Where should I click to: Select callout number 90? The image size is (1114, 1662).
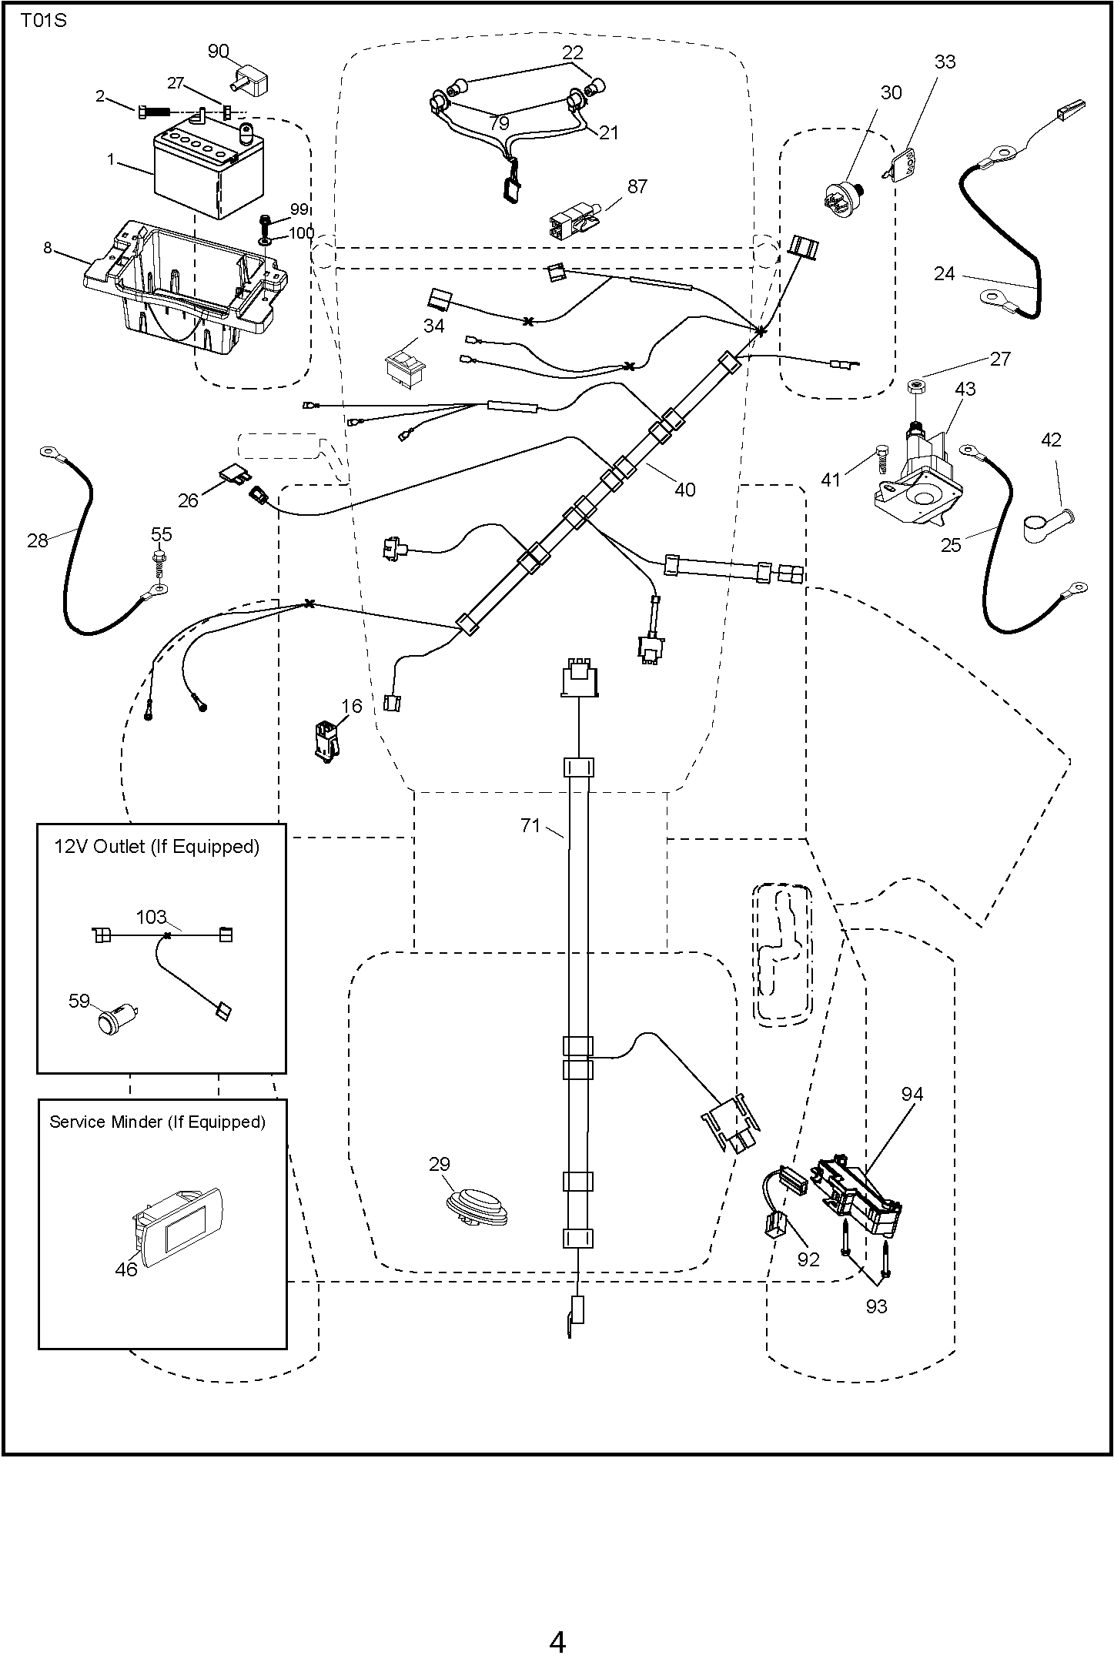point(218,52)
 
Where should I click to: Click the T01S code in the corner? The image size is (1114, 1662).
point(43,21)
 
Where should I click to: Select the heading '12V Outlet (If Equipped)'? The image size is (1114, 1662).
point(156,847)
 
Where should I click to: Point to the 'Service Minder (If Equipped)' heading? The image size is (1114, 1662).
point(157,1122)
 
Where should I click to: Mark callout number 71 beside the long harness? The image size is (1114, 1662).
point(530,826)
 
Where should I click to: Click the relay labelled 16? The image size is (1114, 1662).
point(328,740)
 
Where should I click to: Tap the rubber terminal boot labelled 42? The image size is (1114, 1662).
point(1047,521)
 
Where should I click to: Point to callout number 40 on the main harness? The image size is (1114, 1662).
point(684,490)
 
